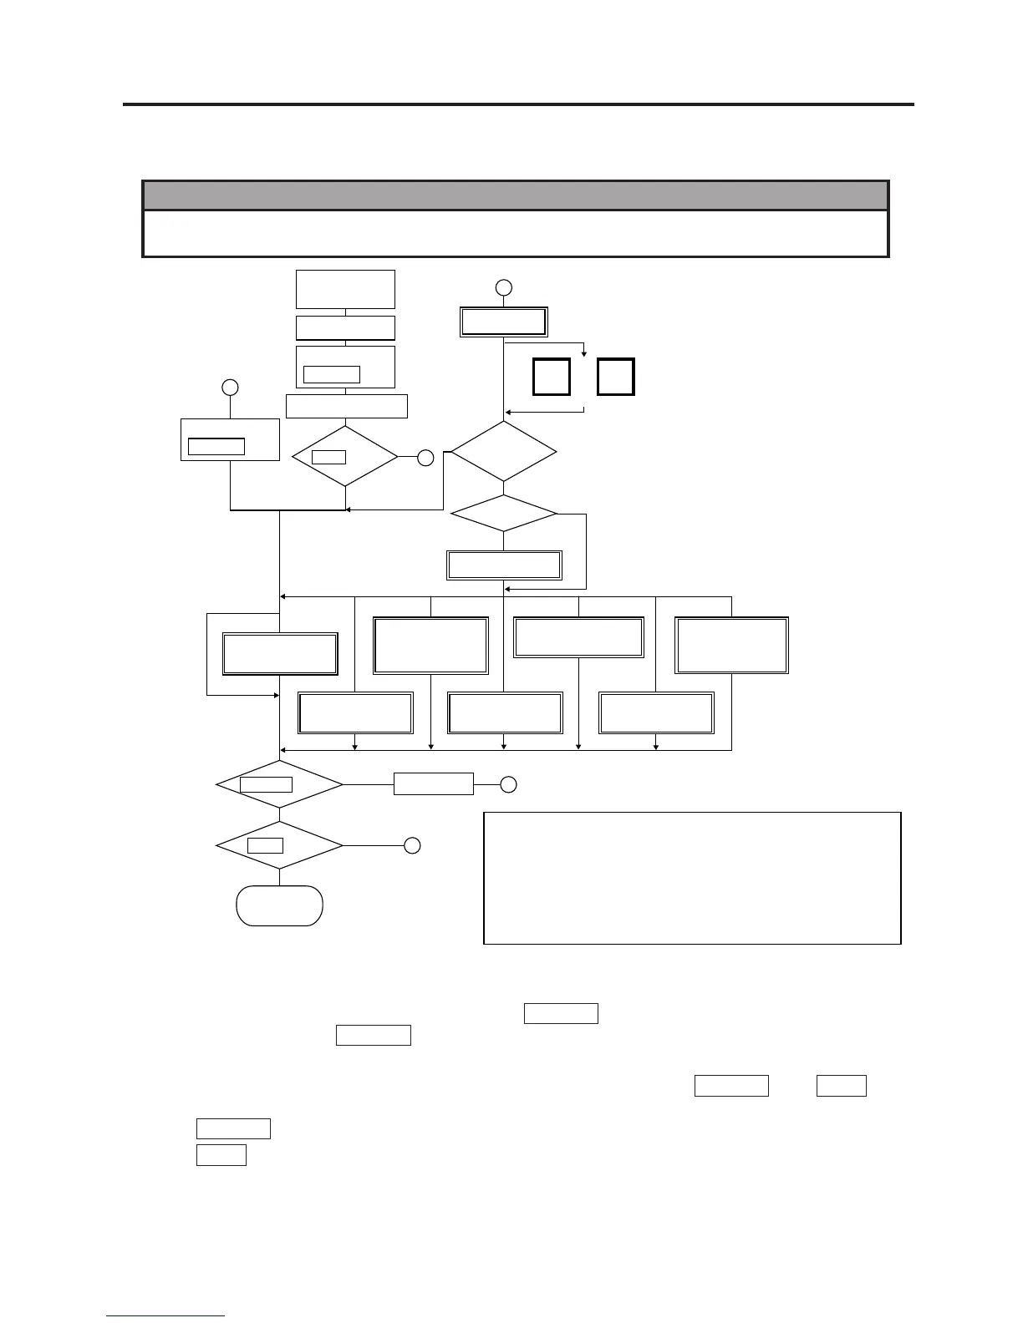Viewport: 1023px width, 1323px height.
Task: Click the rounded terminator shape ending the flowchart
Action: click(279, 905)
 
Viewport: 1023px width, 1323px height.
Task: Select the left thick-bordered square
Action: click(552, 377)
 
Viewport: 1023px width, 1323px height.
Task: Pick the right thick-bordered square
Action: click(616, 377)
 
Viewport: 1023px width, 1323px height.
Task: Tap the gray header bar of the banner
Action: click(515, 195)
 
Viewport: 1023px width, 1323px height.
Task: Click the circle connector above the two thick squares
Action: click(503, 288)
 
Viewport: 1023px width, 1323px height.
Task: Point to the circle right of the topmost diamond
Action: click(425, 458)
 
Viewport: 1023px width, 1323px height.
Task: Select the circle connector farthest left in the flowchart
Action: click(230, 388)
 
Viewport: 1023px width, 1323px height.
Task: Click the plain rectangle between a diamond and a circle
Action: click(433, 784)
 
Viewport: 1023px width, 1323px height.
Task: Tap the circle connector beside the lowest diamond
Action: click(412, 846)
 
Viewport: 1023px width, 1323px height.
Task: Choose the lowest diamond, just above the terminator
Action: click(279, 846)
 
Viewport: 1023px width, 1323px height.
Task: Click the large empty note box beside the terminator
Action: click(692, 877)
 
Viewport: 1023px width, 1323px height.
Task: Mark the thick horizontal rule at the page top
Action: click(518, 104)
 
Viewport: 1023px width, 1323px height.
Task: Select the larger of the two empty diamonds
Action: click(503, 452)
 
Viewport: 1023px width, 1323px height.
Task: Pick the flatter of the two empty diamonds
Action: click(503, 513)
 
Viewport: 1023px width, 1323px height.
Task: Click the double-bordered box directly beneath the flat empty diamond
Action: click(504, 565)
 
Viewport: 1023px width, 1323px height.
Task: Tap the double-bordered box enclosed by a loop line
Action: click(280, 653)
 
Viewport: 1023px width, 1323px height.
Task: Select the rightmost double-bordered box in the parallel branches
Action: click(731, 645)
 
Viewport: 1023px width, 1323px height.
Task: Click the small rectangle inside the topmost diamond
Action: click(328, 457)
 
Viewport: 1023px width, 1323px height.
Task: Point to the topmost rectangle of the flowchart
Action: click(345, 289)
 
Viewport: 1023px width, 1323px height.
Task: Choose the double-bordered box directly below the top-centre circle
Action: click(503, 322)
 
